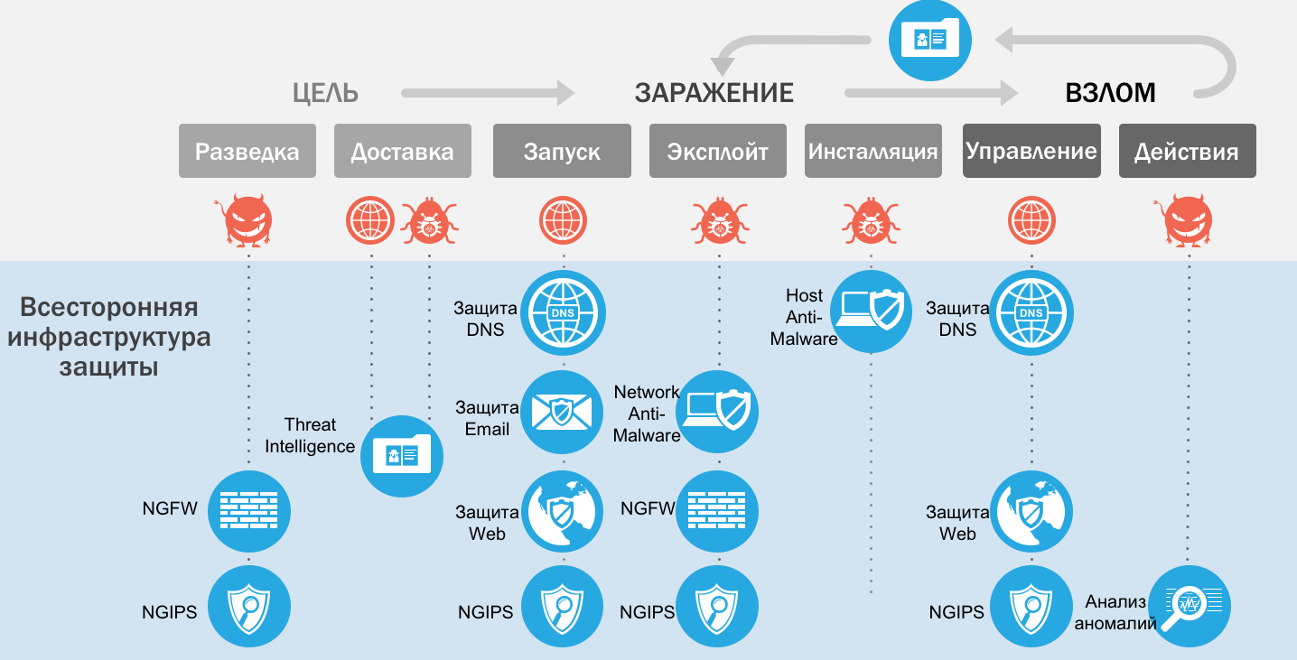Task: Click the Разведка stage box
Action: click(247, 151)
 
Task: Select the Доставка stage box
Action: click(402, 151)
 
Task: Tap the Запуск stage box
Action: click(562, 151)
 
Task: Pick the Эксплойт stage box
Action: click(718, 151)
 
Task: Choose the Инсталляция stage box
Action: click(872, 151)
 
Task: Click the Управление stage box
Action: click(1031, 151)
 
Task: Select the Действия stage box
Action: click(1187, 151)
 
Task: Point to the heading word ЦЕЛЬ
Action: click(325, 93)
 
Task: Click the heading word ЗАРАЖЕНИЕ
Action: click(714, 93)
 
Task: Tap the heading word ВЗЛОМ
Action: click(1110, 93)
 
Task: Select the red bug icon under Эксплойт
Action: click(719, 222)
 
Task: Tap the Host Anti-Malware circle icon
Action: click(871, 311)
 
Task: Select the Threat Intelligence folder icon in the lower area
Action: click(402, 456)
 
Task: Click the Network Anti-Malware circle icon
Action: click(717, 412)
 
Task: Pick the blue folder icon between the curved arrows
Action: click(930, 39)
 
